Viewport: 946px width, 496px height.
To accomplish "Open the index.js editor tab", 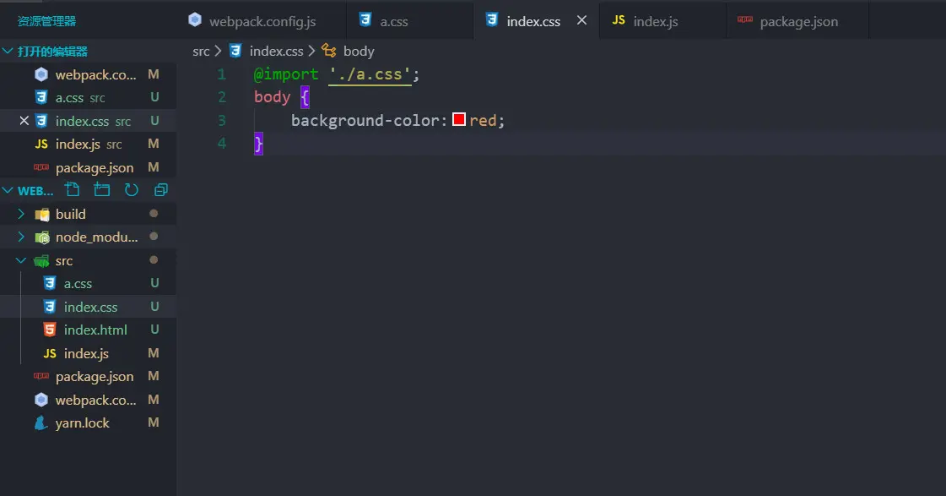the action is (x=655, y=21).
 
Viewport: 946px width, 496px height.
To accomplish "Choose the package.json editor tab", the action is (x=798, y=21).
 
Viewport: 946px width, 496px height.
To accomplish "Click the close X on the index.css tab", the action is (x=581, y=20).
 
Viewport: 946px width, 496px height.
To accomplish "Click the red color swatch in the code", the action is (x=459, y=120).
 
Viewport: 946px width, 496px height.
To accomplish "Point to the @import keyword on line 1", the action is (x=286, y=74).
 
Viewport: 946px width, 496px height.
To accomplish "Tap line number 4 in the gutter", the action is (x=222, y=144).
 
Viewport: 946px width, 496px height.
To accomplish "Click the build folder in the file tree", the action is (x=71, y=214).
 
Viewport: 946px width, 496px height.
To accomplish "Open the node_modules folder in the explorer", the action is (x=95, y=237).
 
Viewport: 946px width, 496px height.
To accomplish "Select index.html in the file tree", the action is (x=95, y=330).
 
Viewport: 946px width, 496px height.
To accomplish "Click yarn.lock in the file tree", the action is (x=82, y=423).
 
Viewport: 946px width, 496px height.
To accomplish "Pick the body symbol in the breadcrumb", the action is (x=359, y=52).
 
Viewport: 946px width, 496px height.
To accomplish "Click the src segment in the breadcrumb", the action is (x=201, y=52).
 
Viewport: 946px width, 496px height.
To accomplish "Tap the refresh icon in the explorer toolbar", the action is (x=131, y=190).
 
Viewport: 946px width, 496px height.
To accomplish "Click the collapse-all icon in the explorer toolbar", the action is (x=160, y=190).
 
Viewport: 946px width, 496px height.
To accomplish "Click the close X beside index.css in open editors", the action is (x=24, y=121).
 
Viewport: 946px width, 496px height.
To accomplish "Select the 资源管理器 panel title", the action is (x=47, y=21).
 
